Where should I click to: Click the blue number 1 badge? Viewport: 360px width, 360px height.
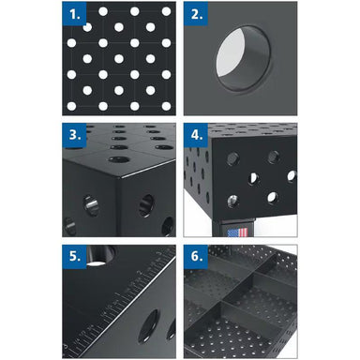(74, 13)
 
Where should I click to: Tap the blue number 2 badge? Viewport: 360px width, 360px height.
(196, 13)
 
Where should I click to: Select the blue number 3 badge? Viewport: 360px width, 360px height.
(74, 135)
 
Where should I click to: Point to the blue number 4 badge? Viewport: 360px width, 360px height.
(196, 135)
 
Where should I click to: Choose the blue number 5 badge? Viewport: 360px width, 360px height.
(74, 257)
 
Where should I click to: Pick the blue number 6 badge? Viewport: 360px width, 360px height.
(196, 257)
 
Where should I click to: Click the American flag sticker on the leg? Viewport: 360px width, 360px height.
(237, 232)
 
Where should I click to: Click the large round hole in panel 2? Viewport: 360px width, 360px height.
(243, 58)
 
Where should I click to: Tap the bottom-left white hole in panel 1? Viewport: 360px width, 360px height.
(71, 106)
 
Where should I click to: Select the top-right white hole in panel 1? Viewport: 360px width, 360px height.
(166, 11)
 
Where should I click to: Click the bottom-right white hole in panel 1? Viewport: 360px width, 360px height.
(166, 106)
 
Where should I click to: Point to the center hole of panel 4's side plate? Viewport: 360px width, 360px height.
(254, 178)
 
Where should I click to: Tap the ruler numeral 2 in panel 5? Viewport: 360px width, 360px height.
(141, 273)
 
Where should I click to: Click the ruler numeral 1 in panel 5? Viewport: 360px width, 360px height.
(117, 294)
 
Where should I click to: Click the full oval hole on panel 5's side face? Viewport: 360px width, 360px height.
(149, 325)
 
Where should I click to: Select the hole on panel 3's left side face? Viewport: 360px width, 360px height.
(91, 205)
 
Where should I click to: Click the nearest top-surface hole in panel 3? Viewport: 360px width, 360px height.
(119, 159)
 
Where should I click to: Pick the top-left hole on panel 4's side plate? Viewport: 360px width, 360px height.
(232, 159)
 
